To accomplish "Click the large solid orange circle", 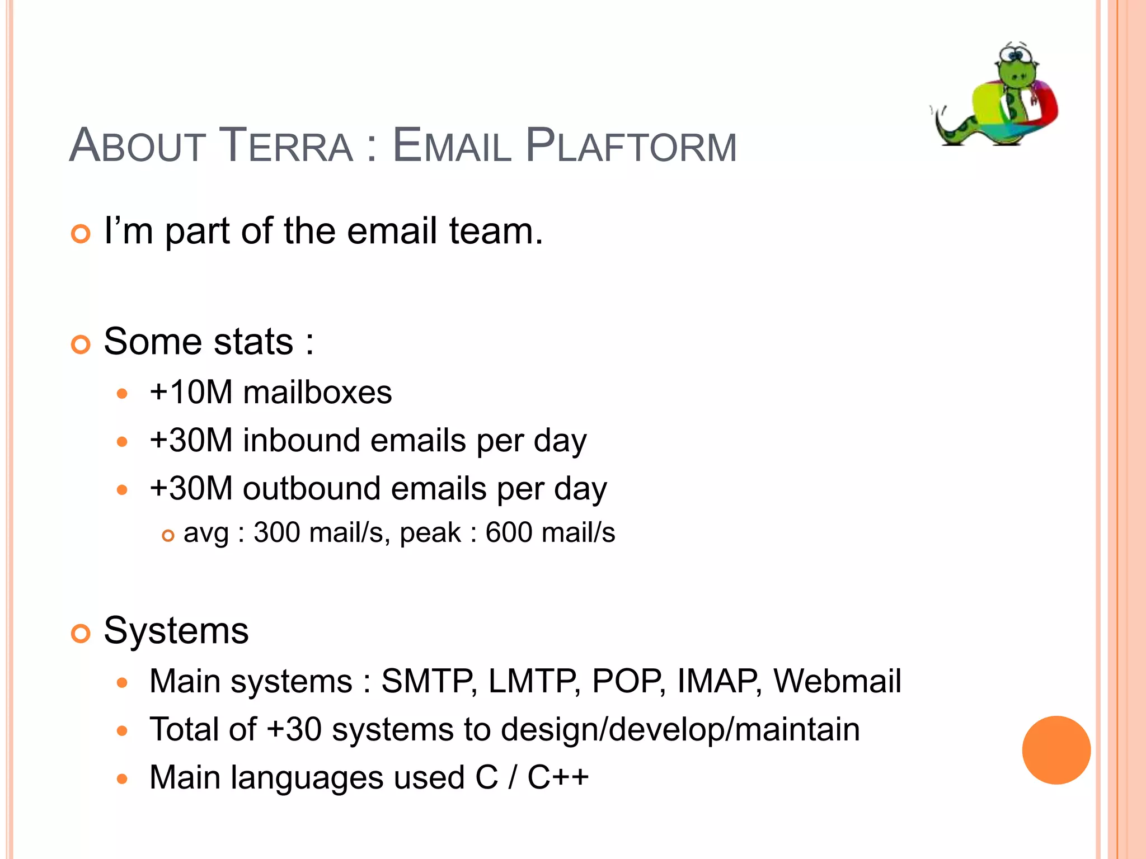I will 1056,750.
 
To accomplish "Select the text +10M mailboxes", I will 271,392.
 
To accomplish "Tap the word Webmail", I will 837,682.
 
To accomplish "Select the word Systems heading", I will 176,631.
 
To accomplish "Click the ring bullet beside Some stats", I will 81,344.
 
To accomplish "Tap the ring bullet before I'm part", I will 81,234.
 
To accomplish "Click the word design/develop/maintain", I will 680,730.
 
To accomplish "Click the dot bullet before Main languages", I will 123,779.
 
